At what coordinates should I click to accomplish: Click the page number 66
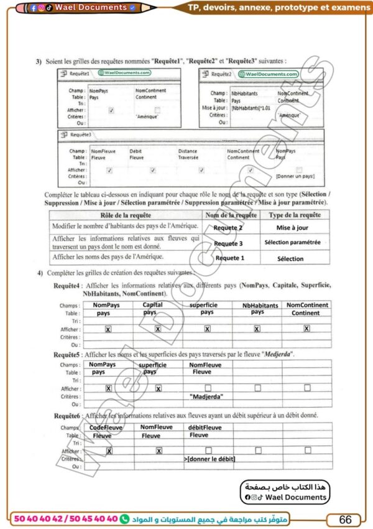345,519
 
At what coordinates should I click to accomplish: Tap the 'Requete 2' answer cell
228,228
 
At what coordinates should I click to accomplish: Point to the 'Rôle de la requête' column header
124,215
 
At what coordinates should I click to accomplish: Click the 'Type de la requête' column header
295,215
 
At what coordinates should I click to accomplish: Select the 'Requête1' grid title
80,73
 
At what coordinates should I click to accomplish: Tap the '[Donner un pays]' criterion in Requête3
295,177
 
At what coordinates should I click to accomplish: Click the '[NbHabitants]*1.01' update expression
248,108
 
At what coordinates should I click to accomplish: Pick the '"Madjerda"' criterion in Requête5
207,396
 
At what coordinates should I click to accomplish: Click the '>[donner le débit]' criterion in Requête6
210,459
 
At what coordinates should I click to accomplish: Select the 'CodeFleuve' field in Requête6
106,428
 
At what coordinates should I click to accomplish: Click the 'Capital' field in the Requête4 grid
153,305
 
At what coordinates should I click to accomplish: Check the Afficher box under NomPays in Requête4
108,329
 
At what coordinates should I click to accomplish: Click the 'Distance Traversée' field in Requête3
188,154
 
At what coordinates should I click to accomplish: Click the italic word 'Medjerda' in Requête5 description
274,354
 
